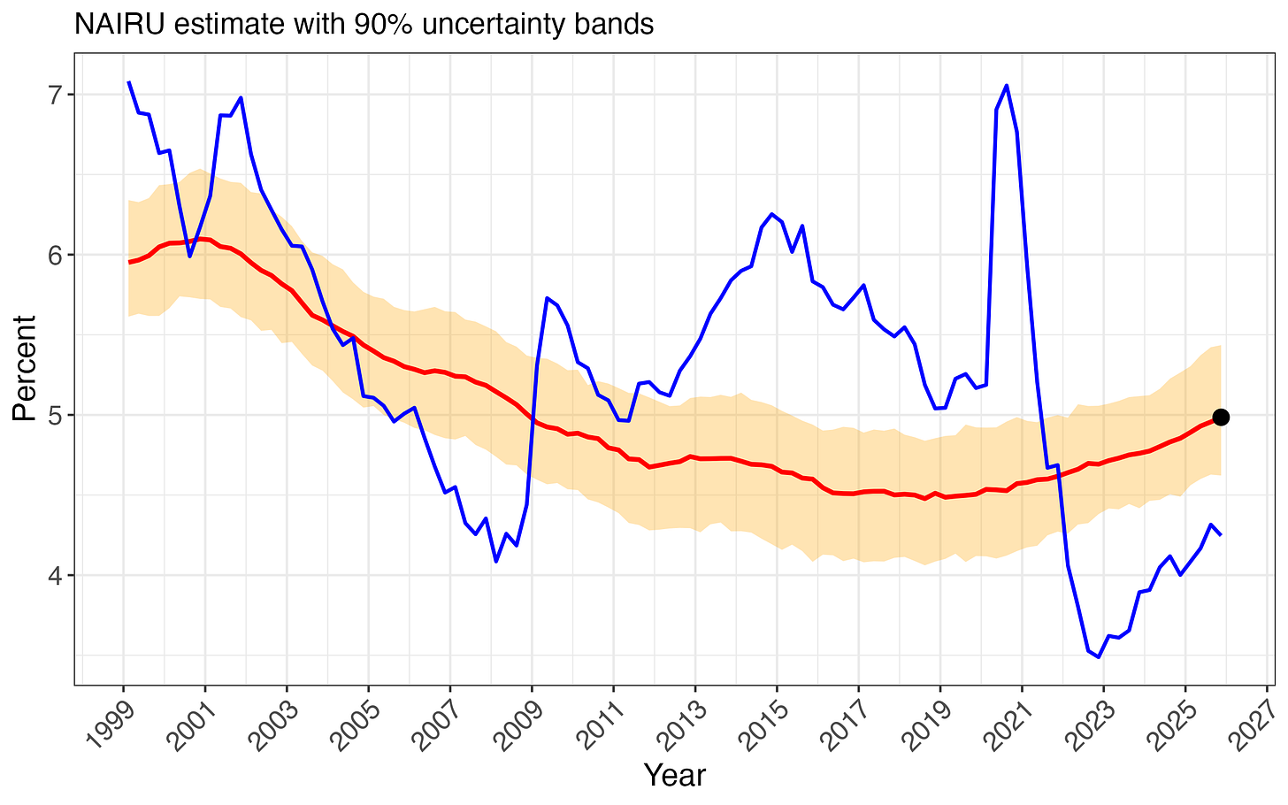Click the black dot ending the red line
[1221, 417]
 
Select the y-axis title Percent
[24, 368]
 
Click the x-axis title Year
[674, 775]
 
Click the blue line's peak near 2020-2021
[1007, 86]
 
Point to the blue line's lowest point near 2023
[1099, 657]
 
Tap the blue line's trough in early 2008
[495, 561]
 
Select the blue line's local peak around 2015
[772, 214]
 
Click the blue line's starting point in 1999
[128, 81]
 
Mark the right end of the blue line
[1221, 534]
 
